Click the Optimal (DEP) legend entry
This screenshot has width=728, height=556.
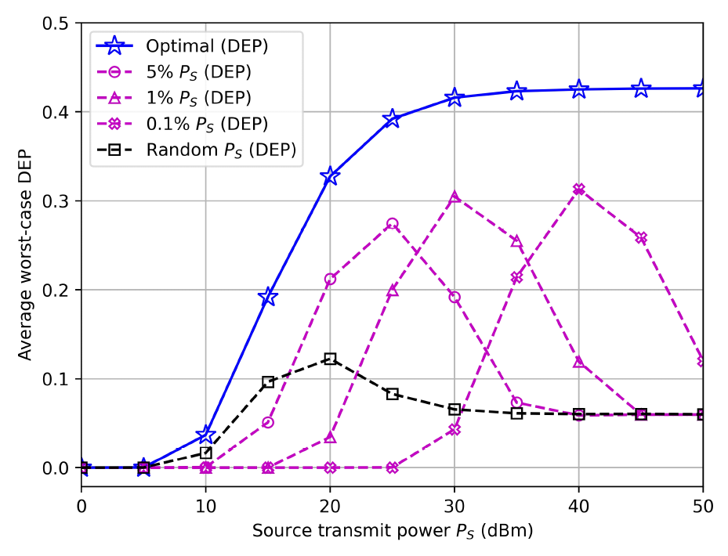tap(207, 46)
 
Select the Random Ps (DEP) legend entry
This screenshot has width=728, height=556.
tap(221, 150)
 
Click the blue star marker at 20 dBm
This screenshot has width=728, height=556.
tap(330, 176)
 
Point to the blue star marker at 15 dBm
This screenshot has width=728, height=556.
tap(268, 297)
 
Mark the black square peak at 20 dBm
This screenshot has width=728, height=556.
tap(330, 359)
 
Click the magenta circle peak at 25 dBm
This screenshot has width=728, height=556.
tap(393, 224)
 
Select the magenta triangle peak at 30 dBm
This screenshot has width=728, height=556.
tap(455, 197)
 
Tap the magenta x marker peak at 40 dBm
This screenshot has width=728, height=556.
tap(579, 190)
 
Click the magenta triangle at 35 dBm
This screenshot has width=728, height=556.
tap(516, 241)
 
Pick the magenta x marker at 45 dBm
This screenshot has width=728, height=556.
tap(641, 238)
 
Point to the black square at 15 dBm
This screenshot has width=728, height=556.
tap(268, 382)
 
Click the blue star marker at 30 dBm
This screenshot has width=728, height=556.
tap(455, 98)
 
